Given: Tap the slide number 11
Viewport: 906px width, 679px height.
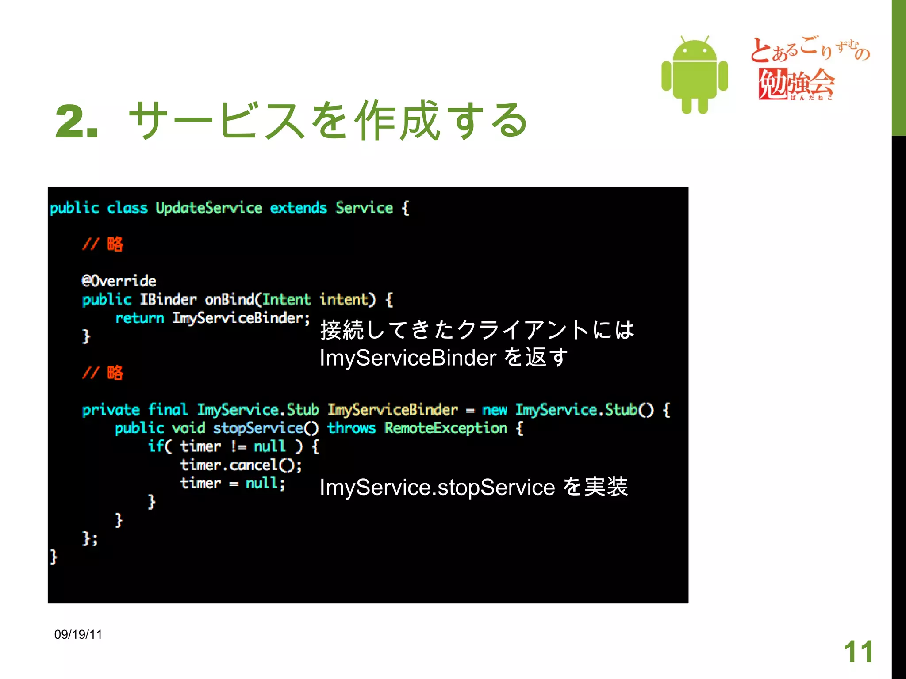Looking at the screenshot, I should coord(858,652).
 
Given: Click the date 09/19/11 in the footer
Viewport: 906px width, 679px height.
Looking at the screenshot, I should coord(78,635).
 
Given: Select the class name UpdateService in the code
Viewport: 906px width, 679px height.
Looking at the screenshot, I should coord(209,208).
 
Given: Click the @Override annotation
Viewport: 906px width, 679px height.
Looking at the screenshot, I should coord(119,281).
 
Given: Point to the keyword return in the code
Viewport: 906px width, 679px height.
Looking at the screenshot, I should coord(139,318).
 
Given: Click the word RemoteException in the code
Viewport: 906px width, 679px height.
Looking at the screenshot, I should coord(445,428).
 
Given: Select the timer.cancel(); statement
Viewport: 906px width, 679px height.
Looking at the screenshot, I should coord(241,465).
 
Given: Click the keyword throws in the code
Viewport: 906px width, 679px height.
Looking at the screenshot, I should coord(352,428).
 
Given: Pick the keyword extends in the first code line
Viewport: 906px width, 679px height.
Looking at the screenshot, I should coord(299,208).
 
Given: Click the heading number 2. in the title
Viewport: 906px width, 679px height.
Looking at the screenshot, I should coord(76,121).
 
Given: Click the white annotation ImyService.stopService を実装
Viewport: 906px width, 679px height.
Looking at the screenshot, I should coord(473,487).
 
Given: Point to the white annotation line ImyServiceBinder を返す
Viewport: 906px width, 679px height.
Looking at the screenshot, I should coord(444,358).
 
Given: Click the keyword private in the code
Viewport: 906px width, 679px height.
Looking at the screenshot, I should coord(111,410).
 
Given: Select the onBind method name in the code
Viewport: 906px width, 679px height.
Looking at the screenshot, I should coord(230,300).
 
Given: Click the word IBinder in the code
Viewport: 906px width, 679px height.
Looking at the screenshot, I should coord(168,300).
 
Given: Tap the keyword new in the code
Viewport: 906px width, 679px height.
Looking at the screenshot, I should coord(495,410).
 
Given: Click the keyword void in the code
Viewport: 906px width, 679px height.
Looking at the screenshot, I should coord(188,428).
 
